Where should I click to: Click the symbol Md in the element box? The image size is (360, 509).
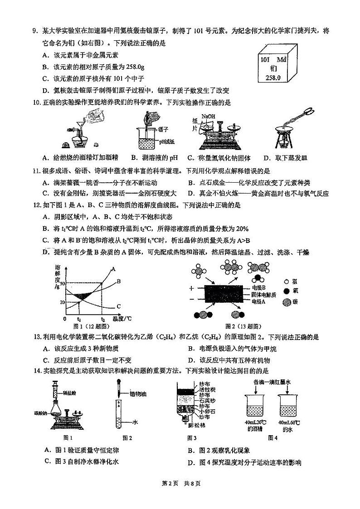coord(281,59)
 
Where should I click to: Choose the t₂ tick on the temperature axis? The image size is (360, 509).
coord(102,319)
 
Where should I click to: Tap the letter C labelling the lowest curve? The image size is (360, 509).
coord(118,306)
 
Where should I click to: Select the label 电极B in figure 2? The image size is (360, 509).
coord(257,287)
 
